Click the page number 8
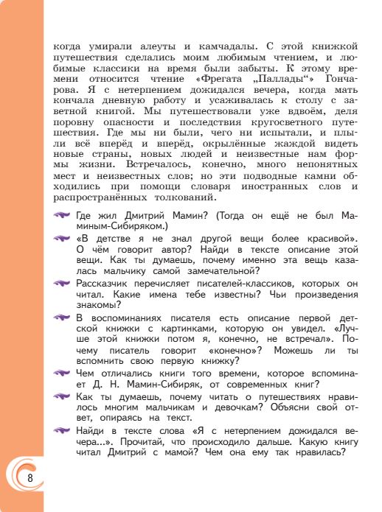pyautogui.click(x=30, y=477)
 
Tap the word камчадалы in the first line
pyautogui.click(x=206, y=45)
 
